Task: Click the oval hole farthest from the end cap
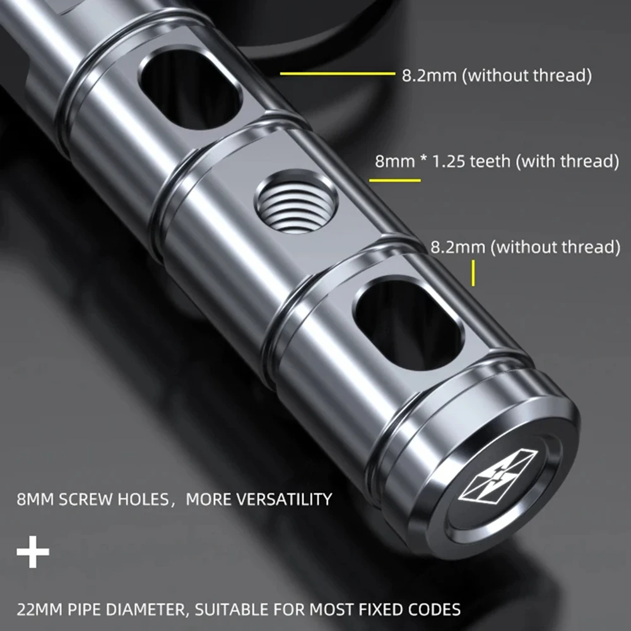(191, 89)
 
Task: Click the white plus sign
(33, 553)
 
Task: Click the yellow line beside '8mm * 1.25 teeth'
(394, 180)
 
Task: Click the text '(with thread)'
(567, 162)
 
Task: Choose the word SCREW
(84, 500)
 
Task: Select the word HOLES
(141, 500)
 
